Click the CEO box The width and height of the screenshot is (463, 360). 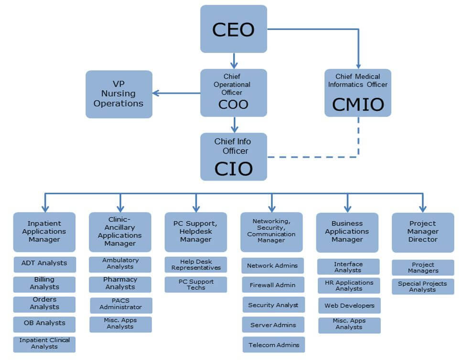[x=234, y=29]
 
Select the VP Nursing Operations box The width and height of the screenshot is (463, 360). [x=119, y=94]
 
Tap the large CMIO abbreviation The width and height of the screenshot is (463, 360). [x=358, y=105]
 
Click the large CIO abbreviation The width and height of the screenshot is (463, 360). [x=233, y=169]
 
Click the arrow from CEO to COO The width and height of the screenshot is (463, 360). [x=234, y=61]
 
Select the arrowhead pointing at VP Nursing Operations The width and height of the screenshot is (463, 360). [x=156, y=93]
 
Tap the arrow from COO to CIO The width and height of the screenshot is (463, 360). [x=235, y=125]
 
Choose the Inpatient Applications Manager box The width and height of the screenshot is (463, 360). [x=44, y=232]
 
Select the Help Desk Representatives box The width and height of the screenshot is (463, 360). [x=196, y=264]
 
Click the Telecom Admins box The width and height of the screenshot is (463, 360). [x=274, y=345]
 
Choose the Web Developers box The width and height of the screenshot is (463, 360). [x=349, y=305]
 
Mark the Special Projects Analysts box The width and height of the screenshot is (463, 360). [x=423, y=286]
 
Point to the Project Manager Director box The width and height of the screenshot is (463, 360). [x=423, y=232]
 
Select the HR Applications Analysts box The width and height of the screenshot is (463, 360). [x=349, y=285]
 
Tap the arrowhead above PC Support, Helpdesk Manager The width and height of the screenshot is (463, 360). [x=196, y=208]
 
